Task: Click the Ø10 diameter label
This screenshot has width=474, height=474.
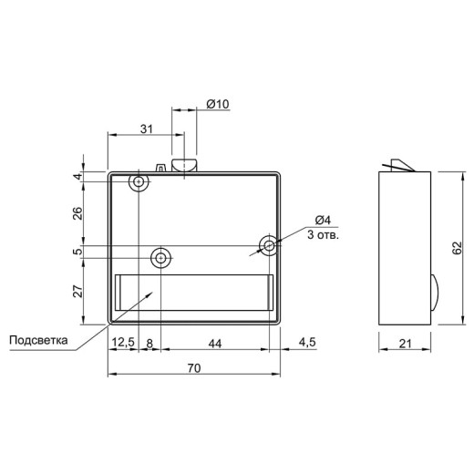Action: click(x=218, y=104)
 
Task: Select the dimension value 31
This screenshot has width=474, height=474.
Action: click(x=146, y=129)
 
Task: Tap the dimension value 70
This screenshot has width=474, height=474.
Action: click(x=194, y=368)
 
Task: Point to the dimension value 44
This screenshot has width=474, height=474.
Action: click(x=215, y=344)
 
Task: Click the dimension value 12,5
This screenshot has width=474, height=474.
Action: click(x=123, y=343)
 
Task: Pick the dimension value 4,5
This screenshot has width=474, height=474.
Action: click(x=307, y=343)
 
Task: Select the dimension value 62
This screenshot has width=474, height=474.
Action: click(x=457, y=248)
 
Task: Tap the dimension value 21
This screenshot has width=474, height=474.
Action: click(x=405, y=344)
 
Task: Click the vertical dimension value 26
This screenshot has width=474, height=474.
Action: click(x=78, y=213)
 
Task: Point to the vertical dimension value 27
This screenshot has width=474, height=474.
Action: click(x=78, y=291)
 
